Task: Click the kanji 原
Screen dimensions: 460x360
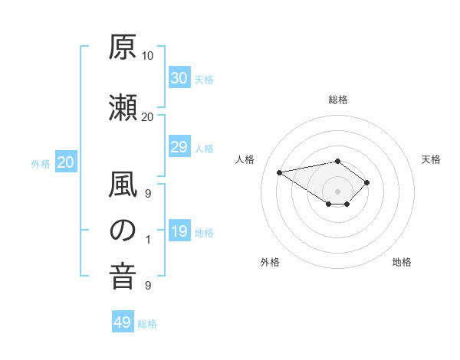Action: [123, 47]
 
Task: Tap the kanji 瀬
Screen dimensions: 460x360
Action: [123, 107]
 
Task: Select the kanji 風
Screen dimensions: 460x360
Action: [123, 184]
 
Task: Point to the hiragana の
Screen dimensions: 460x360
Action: [123, 231]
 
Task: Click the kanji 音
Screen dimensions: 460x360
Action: [123, 277]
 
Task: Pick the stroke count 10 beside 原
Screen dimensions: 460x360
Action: [147, 56]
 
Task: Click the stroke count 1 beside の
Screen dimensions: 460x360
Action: [148, 240]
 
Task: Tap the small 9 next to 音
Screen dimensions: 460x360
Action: [148, 286]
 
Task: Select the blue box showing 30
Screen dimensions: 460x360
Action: [179, 77]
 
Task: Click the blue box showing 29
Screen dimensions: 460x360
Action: [179, 146]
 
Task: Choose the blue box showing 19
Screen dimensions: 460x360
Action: [179, 230]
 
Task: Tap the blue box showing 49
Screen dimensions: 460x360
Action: [123, 321]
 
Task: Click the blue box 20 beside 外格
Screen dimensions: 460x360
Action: [66, 162]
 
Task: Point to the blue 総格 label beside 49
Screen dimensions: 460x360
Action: [147, 324]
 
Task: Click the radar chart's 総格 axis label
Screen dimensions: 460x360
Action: [338, 100]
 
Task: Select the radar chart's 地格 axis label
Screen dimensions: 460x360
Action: [402, 262]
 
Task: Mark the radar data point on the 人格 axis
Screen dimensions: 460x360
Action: [280, 172]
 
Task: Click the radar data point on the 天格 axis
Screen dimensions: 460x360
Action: [366, 182]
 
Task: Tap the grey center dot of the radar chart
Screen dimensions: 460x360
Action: [337, 191]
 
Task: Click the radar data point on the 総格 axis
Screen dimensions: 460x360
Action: [337, 162]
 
